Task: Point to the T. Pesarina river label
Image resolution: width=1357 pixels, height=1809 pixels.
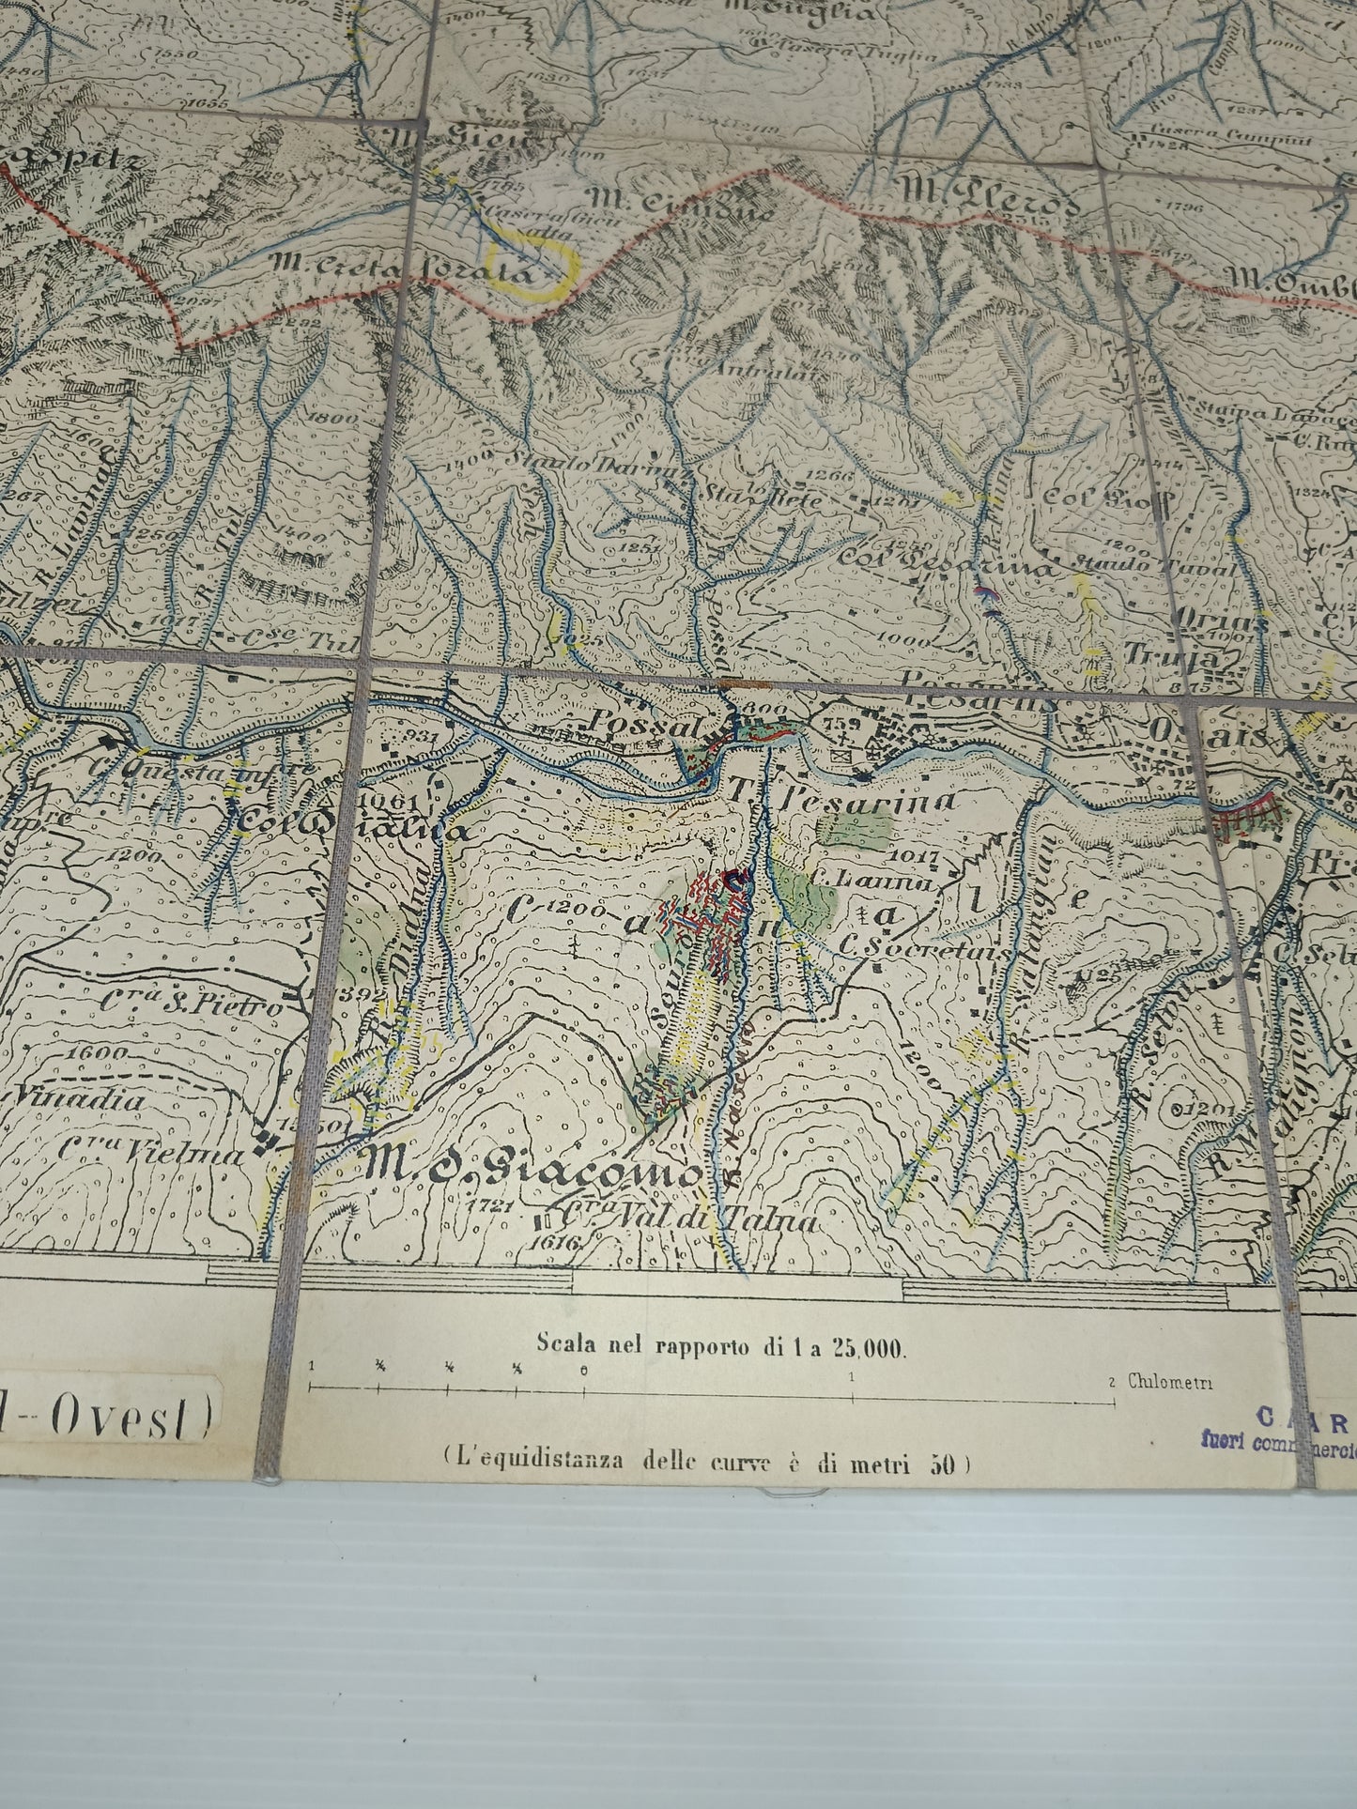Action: (842, 800)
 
